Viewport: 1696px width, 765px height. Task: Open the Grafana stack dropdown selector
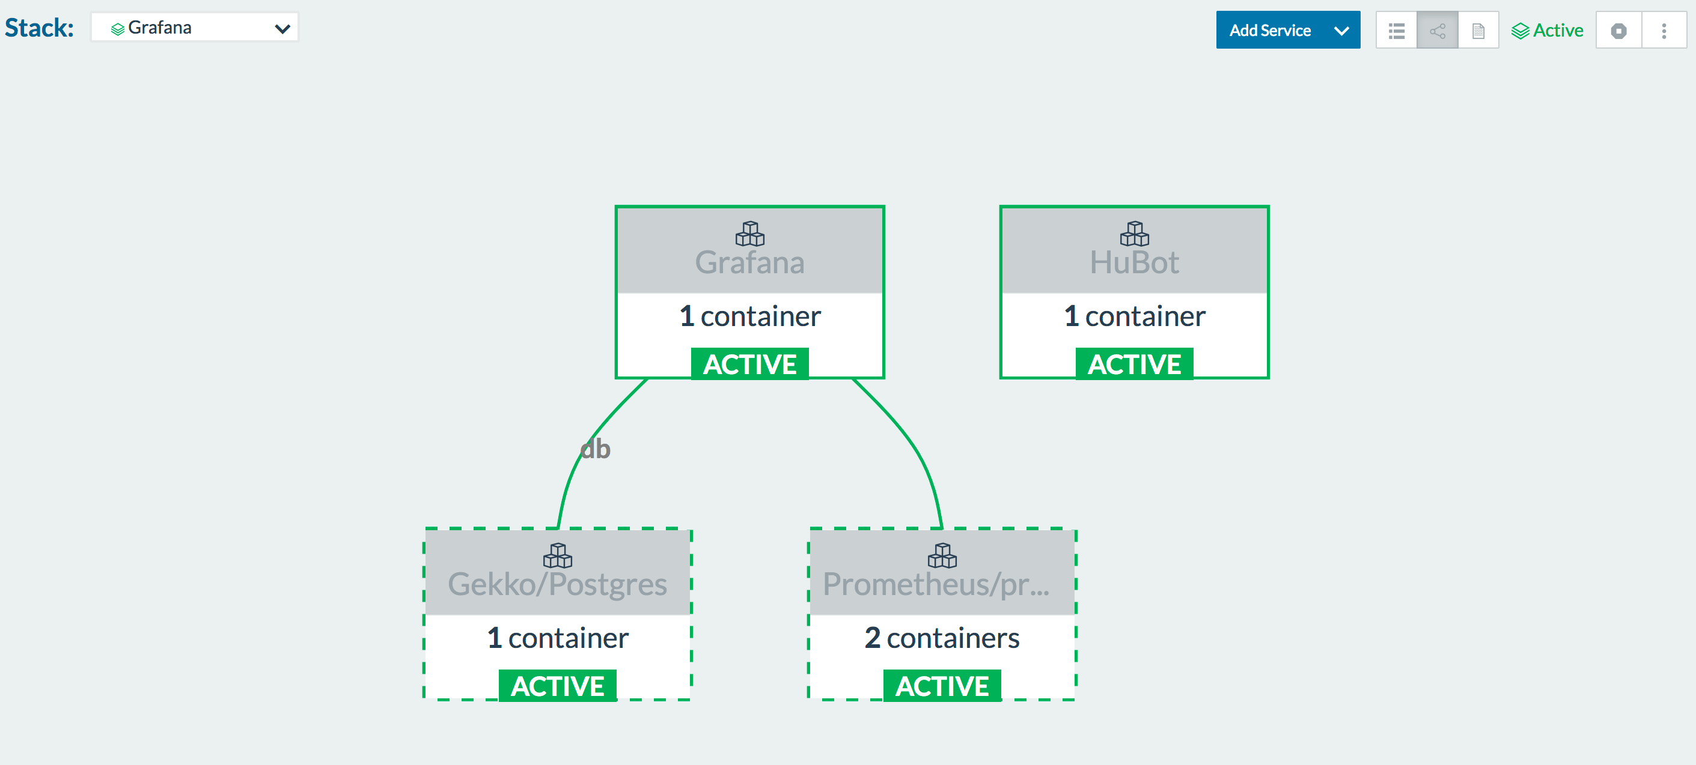click(x=195, y=28)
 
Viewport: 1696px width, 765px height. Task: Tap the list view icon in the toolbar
click(x=1397, y=30)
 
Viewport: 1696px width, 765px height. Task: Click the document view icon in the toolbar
click(x=1478, y=30)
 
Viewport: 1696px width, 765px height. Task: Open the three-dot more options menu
click(x=1664, y=30)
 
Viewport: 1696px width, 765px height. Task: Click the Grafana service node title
click(x=750, y=262)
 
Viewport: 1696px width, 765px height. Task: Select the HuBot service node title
click(x=1135, y=262)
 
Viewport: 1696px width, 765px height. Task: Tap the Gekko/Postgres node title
click(x=558, y=584)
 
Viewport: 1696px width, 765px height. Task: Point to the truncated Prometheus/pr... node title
click(x=936, y=584)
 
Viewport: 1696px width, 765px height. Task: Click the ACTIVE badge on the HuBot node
click(x=1135, y=364)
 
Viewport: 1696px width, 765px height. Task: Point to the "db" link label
click(x=595, y=449)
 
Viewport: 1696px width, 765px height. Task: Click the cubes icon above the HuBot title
click(x=1135, y=234)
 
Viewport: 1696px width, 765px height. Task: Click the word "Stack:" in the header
click(x=40, y=28)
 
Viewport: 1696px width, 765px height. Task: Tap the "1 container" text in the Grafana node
click(x=750, y=316)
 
